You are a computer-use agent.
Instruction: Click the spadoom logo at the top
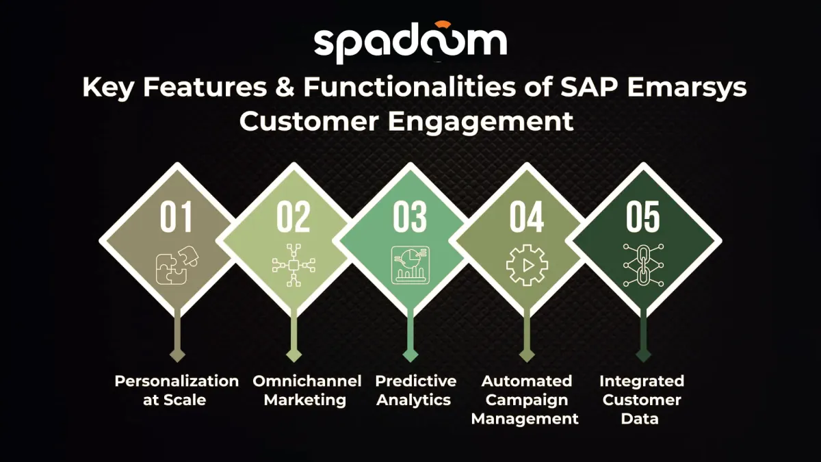coord(410,42)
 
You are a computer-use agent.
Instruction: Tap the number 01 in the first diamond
coord(177,217)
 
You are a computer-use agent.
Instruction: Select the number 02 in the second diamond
coord(294,217)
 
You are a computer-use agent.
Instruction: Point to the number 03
coord(410,217)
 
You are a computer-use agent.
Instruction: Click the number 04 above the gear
coord(527,217)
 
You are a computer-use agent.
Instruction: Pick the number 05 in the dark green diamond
coord(643,217)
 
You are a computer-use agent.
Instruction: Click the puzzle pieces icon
coord(177,265)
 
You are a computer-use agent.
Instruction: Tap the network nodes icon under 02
coord(294,265)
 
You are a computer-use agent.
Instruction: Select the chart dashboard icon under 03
coord(410,265)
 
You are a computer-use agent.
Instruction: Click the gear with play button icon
coord(527,265)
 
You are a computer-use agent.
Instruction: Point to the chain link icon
coord(643,265)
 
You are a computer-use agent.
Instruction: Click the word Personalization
coord(177,381)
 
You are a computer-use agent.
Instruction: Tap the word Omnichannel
coord(307,381)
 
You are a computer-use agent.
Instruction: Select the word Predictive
coord(416,381)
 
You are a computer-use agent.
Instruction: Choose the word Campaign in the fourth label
coord(527,400)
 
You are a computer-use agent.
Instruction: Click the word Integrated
coord(642,381)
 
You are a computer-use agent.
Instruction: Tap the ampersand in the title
coord(285,88)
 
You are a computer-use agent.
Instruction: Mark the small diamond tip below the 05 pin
coord(643,355)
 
